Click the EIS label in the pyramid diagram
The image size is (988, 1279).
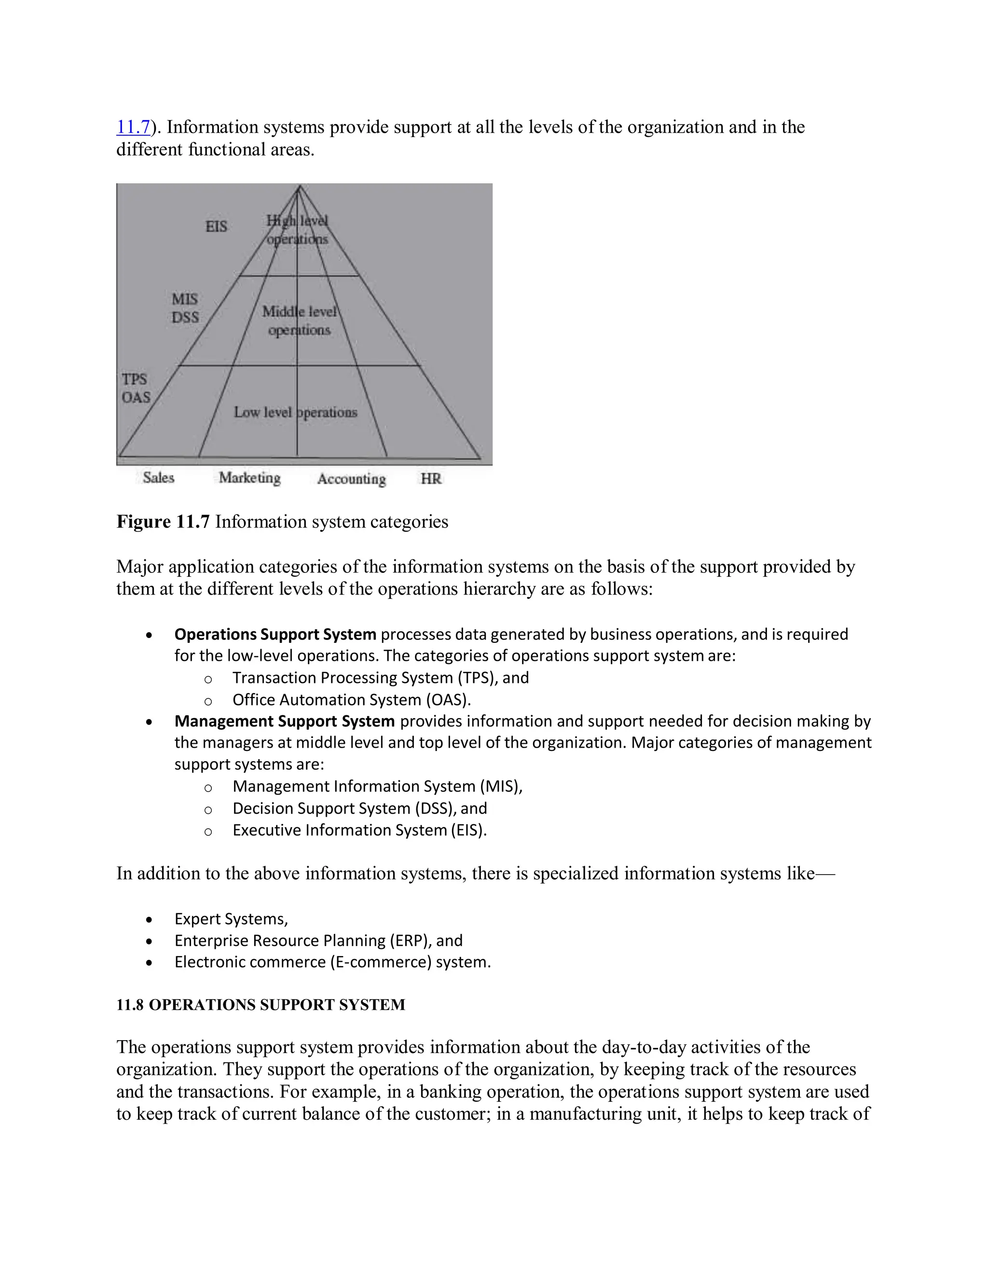coord(216,227)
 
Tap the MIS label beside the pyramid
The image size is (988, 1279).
coord(184,299)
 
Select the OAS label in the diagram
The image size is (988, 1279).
coord(136,398)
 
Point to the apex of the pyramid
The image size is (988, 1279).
coord(299,187)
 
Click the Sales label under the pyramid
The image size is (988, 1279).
coord(159,478)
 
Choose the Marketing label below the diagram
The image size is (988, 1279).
coord(249,478)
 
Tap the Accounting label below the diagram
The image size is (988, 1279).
coord(351,479)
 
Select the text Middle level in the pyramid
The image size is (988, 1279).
coord(299,312)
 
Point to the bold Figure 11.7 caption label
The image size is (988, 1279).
coord(163,522)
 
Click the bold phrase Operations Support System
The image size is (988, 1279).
coord(275,634)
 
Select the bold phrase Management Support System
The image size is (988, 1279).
coord(285,721)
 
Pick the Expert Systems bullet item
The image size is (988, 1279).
coord(231,919)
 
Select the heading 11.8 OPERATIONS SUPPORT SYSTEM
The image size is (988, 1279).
coord(261,1005)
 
